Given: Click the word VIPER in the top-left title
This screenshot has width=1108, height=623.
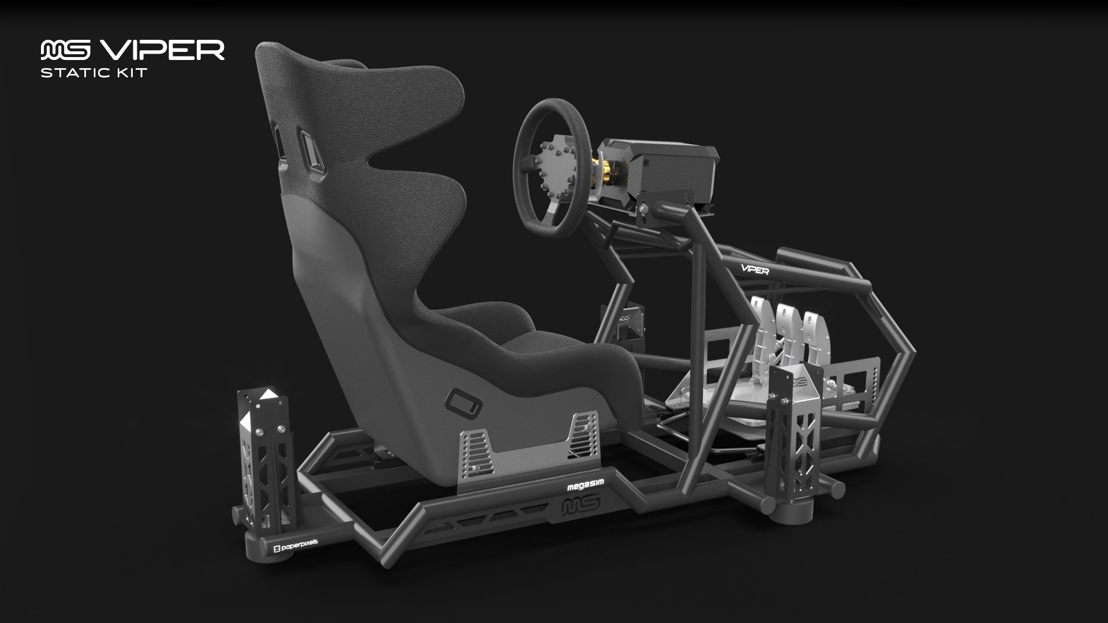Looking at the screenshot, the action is [162, 50].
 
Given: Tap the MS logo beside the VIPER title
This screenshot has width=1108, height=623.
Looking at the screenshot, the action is [65, 50].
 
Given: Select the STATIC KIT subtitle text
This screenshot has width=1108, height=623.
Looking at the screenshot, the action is [93, 73].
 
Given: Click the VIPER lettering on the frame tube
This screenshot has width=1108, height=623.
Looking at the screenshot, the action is [755, 268].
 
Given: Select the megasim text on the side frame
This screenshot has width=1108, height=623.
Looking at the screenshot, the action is [585, 486].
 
